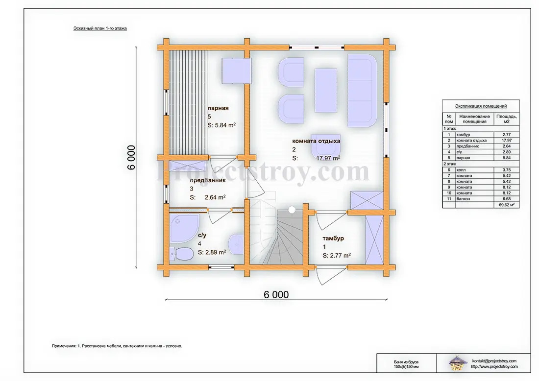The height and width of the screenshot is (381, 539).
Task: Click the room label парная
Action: click(218, 108)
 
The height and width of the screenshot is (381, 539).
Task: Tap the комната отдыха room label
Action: click(316, 141)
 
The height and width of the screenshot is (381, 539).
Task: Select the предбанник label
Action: click(208, 180)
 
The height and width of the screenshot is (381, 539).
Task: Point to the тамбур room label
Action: click(333, 238)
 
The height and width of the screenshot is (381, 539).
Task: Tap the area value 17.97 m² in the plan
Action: click(328, 158)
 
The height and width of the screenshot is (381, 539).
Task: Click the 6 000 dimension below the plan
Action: click(276, 295)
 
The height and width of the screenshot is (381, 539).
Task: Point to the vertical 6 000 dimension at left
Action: click(131, 157)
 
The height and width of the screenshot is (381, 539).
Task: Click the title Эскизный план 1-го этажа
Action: click(100, 28)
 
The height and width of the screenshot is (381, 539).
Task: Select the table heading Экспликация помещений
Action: click(481, 106)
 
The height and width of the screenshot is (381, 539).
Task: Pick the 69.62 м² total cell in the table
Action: click(506, 205)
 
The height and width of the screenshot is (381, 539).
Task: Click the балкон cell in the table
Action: click(463, 199)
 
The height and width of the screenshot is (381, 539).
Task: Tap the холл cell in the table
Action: click(461, 170)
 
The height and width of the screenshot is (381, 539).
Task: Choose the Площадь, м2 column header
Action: click(506, 119)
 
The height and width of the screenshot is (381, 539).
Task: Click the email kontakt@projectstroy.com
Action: click(494, 361)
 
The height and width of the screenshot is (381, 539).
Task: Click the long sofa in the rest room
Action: click(362, 91)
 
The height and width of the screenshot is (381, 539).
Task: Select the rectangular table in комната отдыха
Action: click(326, 91)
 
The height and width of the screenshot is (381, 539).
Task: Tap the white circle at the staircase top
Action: click(292, 210)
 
